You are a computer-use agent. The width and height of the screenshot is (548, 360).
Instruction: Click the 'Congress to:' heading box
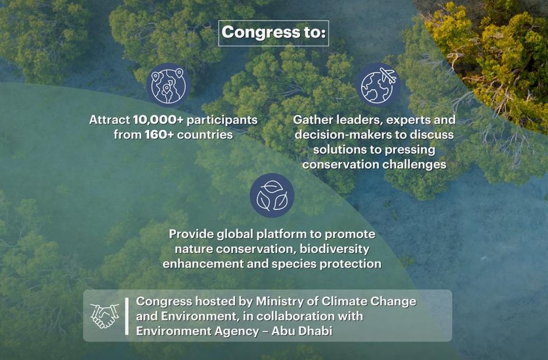tap(273, 33)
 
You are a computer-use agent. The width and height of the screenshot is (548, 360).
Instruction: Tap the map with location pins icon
tap(169, 85)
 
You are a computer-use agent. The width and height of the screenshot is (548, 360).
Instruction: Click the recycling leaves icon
tap(272, 195)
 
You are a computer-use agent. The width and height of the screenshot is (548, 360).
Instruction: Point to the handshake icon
tap(105, 316)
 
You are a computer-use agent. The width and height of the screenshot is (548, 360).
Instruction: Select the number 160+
tap(160, 135)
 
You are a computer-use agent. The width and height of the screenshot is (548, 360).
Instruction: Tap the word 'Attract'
tap(110, 120)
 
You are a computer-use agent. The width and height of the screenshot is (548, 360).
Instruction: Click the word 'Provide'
tap(190, 234)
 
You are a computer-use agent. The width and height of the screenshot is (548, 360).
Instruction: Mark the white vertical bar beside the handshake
tap(127, 316)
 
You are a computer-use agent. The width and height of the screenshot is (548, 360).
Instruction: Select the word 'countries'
tap(205, 135)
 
